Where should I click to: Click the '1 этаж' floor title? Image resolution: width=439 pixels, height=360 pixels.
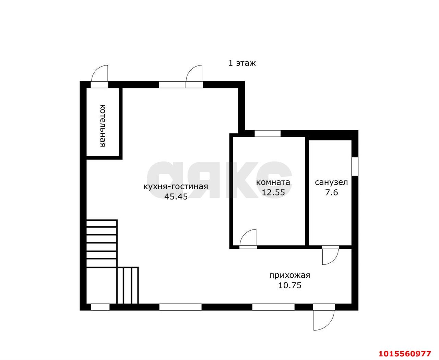tap(242, 63)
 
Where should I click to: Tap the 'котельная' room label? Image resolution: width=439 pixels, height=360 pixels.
tap(103, 126)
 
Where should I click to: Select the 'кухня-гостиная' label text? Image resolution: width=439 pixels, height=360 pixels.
tap(176, 187)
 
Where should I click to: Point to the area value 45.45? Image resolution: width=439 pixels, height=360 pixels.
tap(176, 196)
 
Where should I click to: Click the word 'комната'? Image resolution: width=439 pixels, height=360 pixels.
tap(273, 182)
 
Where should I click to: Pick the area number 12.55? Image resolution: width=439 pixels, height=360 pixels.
tap(273, 192)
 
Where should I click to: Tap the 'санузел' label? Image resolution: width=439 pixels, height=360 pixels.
tap(331, 182)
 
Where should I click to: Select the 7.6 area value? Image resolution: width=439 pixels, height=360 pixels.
tap(332, 192)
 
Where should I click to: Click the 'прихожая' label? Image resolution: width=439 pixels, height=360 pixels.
tap(290, 275)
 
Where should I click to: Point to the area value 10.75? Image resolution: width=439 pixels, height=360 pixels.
tap(290, 285)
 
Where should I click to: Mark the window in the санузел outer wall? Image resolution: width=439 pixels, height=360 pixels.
tap(355, 167)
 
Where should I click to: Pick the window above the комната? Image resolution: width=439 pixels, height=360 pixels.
tap(268, 133)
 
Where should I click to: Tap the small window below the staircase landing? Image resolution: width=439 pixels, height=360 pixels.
tap(100, 307)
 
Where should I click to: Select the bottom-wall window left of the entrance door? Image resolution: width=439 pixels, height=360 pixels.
tap(273, 307)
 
